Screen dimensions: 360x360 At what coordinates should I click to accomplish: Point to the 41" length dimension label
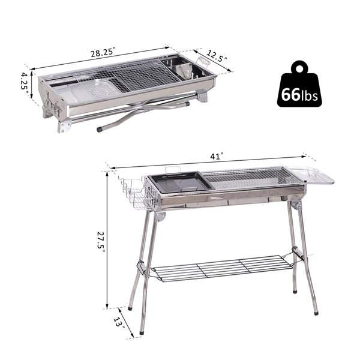217,157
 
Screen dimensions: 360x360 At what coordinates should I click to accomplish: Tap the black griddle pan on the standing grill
178,182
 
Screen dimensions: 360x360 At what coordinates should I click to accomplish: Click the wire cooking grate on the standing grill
249,177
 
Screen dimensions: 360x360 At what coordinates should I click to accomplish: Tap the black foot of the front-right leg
316,312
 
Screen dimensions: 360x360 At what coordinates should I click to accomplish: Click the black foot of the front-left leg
142,332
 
